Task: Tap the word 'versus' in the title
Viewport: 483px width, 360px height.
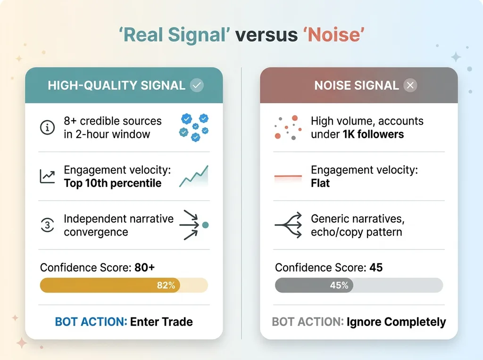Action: (x=266, y=34)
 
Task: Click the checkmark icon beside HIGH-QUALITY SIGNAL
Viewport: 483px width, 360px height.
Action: (x=197, y=85)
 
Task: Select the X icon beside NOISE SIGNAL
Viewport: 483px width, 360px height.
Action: (x=410, y=85)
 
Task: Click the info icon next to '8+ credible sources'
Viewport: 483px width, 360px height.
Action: (x=48, y=127)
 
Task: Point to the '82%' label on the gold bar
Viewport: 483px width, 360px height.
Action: (x=166, y=285)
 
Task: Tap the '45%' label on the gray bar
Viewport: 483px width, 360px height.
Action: (x=339, y=285)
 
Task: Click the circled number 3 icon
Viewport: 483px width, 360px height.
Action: (x=48, y=225)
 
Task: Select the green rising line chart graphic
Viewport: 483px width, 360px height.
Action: (x=194, y=176)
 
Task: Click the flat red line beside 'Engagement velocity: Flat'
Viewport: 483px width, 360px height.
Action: (x=288, y=176)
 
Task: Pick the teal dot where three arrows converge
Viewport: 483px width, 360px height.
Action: (x=206, y=225)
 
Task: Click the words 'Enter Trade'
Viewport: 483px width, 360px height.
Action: (x=161, y=322)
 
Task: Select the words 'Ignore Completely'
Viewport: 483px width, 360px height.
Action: (x=396, y=322)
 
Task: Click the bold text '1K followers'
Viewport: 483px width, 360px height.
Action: (x=374, y=134)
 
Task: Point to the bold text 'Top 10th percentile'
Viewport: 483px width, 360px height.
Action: (x=113, y=183)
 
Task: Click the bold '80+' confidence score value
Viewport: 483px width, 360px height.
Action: (x=144, y=267)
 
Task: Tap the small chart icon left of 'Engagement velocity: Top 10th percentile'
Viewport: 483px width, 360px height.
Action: (x=47, y=177)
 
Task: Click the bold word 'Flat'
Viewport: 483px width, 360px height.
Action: (x=320, y=183)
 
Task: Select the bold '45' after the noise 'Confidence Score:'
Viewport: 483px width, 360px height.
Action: (x=376, y=267)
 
